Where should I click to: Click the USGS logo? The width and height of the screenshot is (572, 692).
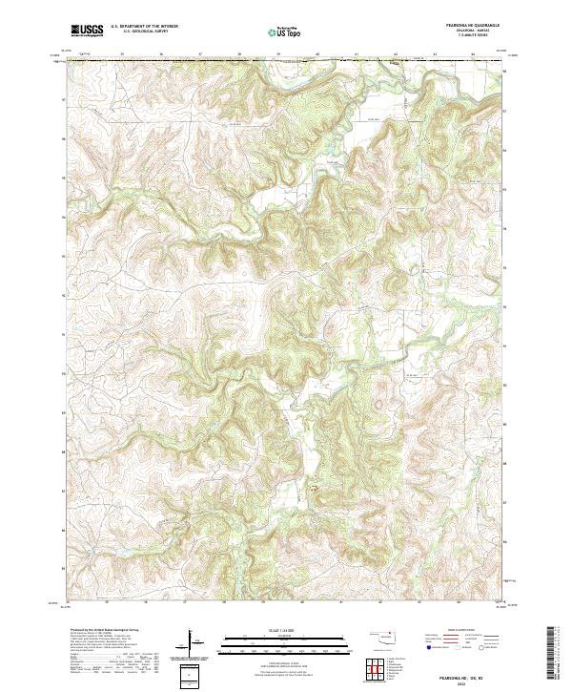click(87, 31)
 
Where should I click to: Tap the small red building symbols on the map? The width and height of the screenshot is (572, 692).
click(311, 490)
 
